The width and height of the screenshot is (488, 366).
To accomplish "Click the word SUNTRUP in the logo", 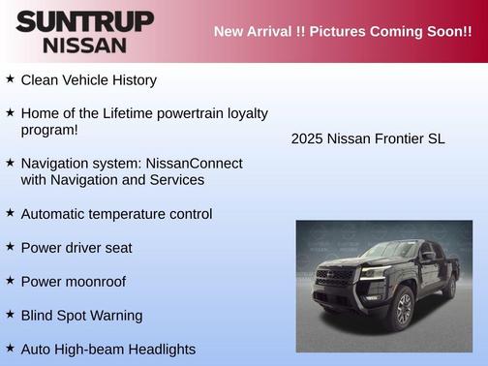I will click(84, 20).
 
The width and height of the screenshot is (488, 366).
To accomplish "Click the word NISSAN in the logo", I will click(84, 45).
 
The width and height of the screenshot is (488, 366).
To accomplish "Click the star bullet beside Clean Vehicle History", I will click(10, 79).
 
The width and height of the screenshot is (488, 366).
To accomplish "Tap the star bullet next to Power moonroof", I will click(10, 281).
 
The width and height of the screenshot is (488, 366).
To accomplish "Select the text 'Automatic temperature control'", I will click(116, 214).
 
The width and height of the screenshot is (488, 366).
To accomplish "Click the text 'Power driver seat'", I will click(76, 248).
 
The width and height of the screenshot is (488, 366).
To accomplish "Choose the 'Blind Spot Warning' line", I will click(81, 316).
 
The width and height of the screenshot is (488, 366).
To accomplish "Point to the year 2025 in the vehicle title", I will click(307, 138).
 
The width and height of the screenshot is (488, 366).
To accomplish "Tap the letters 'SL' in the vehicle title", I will click(436, 138).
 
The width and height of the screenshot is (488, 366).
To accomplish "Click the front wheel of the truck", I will click(404, 309).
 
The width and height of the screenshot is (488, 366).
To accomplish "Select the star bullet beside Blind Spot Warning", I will click(10, 315).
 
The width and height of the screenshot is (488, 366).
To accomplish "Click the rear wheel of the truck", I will click(448, 285).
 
